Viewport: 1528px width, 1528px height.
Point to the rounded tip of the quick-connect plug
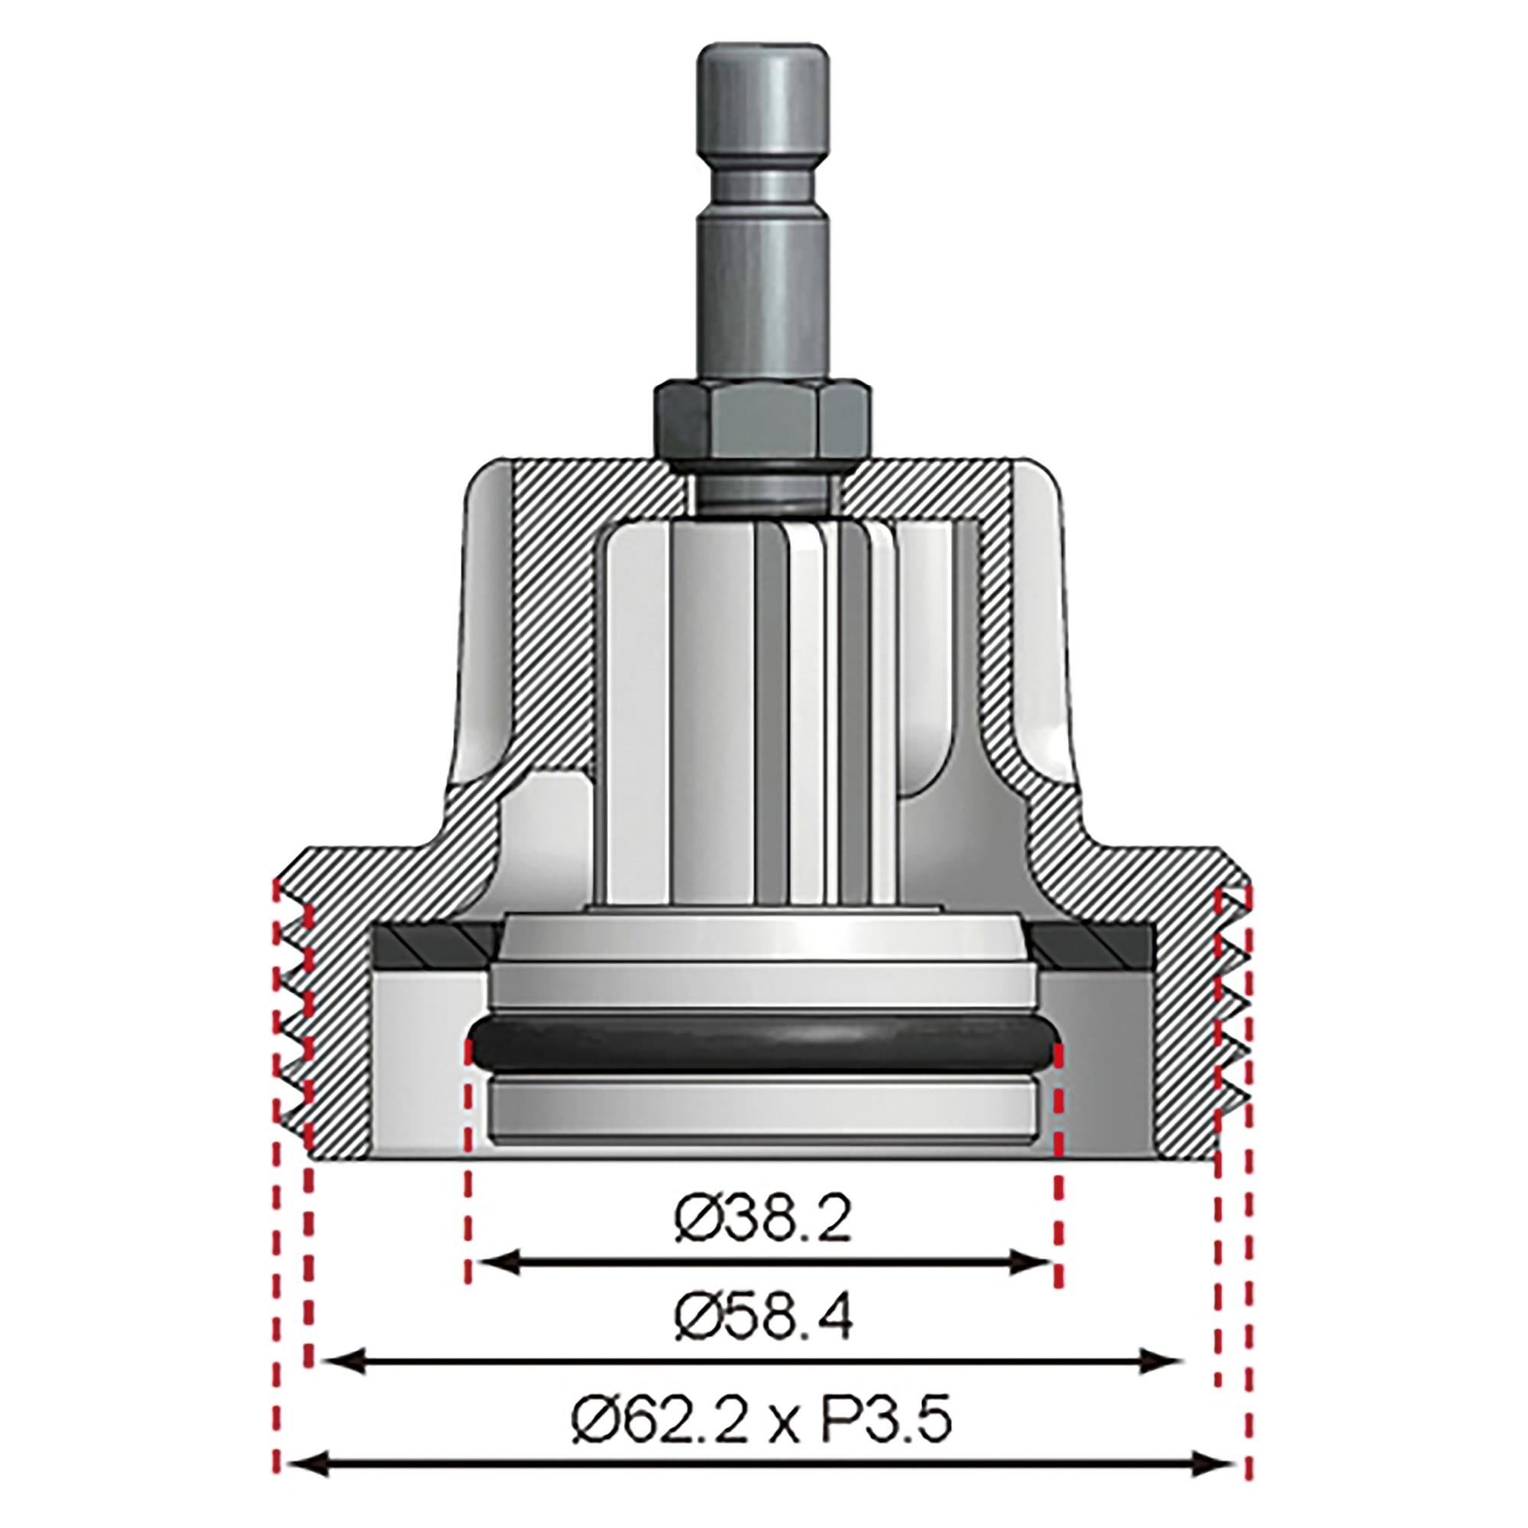point(762,53)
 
